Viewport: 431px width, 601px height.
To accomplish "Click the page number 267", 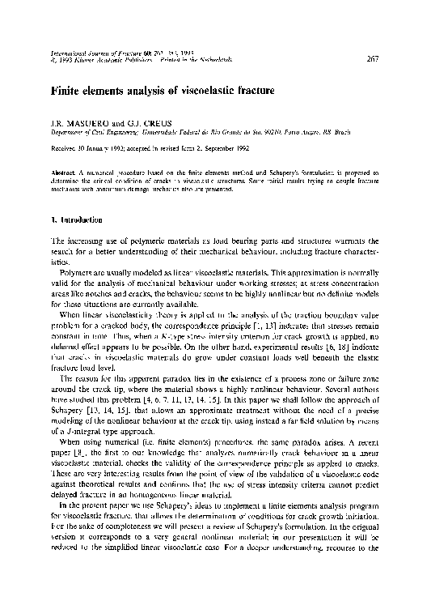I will point(373,58).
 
